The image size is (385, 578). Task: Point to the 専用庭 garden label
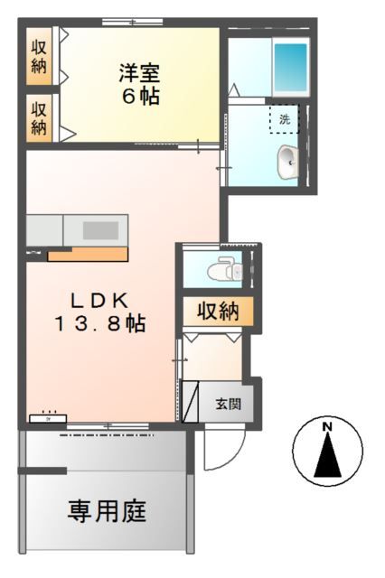(108, 511)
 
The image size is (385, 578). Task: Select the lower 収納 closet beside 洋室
(39, 117)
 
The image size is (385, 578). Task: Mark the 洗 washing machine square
(284, 119)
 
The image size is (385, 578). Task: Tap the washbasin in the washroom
(289, 163)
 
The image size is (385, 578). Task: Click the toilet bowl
(221, 269)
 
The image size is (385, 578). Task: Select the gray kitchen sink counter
(77, 230)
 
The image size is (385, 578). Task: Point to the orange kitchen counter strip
(88, 255)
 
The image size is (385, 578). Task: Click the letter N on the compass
(328, 426)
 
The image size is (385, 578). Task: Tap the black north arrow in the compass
(327, 456)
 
